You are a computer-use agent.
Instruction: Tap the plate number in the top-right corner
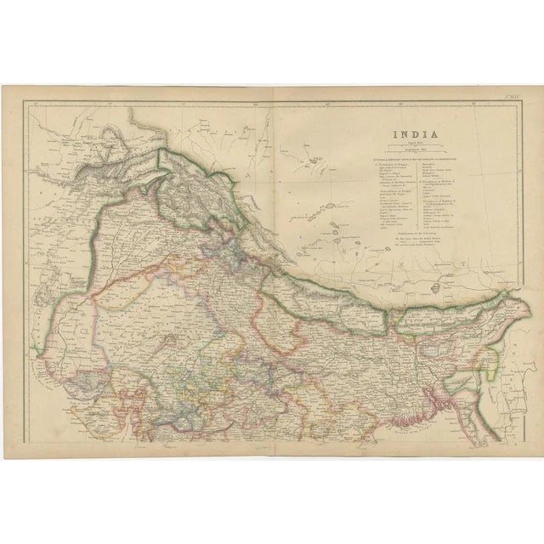coord(511,106)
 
